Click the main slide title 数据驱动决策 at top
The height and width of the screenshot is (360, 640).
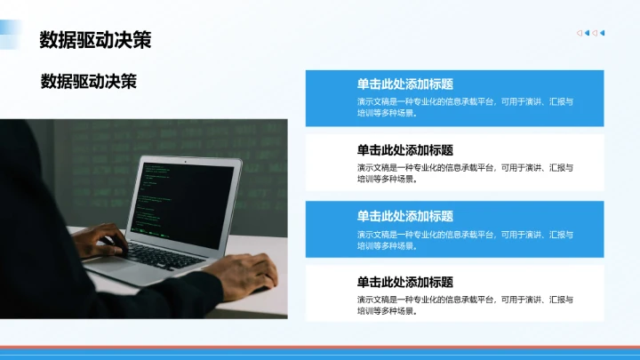coord(95,40)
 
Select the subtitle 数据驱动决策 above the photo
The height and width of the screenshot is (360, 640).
coord(89,82)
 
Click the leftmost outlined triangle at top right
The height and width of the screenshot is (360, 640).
coord(580,34)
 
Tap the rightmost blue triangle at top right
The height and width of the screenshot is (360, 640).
coord(603,34)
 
